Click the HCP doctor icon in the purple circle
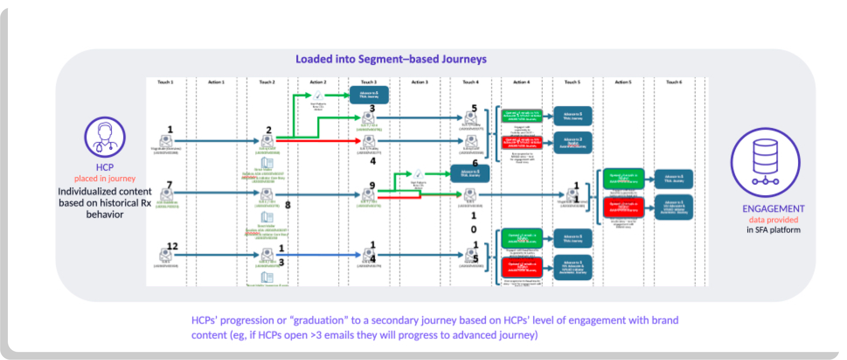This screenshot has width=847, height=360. [x=105, y=137]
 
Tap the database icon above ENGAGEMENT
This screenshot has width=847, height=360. [x=765, y=162]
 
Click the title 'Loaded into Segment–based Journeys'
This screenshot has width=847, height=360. [x=391, y=59]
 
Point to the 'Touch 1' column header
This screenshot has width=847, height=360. [x=165, y=82]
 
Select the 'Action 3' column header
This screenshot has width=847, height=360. [x=419, y=82]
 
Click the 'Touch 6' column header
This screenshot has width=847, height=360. [x=674, y=82]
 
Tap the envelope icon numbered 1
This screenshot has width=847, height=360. [x=166, y=141]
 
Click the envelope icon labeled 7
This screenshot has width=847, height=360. [x=167, y=194]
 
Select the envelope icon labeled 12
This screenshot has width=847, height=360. [x=165, y=254]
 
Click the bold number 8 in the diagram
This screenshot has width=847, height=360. [x=288, y=205]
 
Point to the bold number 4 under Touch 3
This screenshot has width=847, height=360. [x=373, y=161]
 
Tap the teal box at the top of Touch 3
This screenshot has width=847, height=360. [x=369, y=95]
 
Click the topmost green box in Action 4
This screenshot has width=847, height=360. [x=522, y=116]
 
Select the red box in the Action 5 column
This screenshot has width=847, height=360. [x=624, y=207]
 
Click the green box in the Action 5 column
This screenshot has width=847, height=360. [x=624, y=179]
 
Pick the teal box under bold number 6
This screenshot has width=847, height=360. [x=470, y=173]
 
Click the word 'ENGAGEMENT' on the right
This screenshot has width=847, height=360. [x=773, y=209]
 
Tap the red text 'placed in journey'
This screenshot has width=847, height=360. [x=105, y=179]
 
